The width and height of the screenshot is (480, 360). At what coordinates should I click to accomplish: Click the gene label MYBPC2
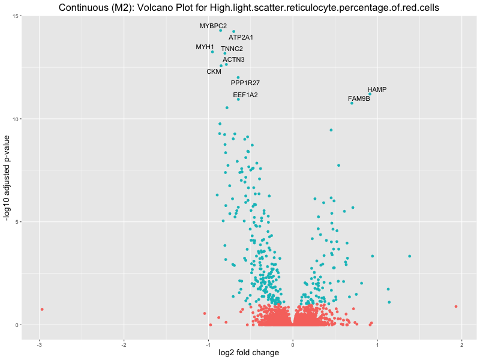213,26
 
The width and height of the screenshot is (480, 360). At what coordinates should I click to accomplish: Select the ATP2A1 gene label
241,37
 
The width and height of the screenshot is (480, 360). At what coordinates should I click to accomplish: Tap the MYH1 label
205,47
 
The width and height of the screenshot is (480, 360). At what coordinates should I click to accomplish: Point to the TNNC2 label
232,49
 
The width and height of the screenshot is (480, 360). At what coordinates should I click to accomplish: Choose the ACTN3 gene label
233,59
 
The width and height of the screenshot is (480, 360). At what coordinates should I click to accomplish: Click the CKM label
214,71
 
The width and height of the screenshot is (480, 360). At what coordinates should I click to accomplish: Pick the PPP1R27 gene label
245,83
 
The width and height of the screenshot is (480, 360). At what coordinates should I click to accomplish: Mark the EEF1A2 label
245,95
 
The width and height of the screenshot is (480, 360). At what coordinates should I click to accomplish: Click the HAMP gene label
377,89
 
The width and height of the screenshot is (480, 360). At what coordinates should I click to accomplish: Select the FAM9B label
359,98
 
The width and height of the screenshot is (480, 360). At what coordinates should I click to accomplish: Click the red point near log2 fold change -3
42,309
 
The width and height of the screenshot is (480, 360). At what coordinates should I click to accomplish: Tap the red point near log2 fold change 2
456,307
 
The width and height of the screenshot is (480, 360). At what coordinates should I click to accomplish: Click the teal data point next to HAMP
370,94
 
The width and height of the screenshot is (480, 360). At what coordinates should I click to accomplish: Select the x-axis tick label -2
124,344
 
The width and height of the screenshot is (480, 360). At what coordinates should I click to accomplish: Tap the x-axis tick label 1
377,344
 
